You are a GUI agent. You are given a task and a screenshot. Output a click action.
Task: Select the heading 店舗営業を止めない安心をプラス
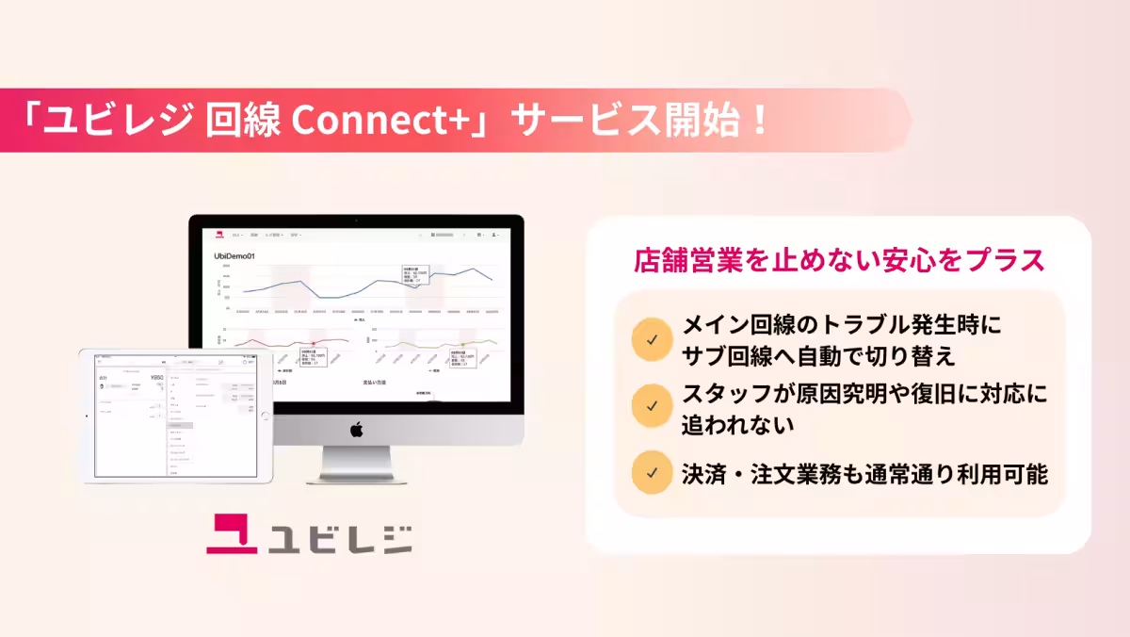(838, 261)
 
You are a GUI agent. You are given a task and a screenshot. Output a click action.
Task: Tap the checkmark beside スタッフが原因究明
(652, 405)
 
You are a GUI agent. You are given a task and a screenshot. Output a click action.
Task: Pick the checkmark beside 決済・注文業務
(652, 474)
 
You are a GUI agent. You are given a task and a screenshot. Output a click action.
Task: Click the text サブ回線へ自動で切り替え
(817, 355)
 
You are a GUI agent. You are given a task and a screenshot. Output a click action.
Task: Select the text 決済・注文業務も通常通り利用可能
(864, 474)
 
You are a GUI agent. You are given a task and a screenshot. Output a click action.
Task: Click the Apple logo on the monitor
(357, 430)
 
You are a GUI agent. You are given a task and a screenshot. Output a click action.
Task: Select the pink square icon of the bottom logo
(233, 532)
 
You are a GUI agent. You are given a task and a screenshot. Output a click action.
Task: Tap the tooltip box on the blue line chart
(415, 273)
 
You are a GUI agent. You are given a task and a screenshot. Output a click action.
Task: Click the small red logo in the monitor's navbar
(218, 234)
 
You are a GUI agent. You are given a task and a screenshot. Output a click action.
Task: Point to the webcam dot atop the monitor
(357, 220)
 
